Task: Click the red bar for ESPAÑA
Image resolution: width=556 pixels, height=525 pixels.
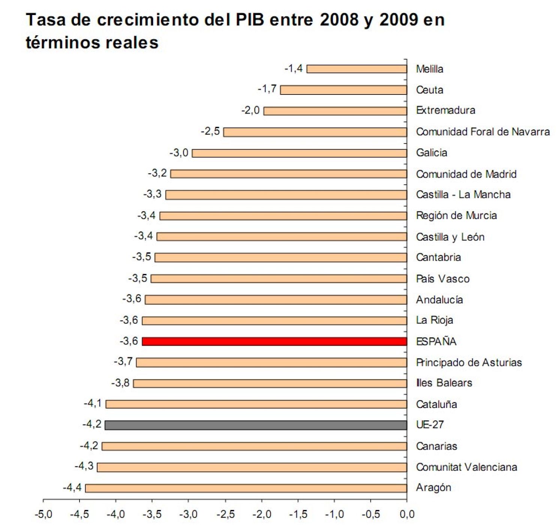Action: pos(274,341)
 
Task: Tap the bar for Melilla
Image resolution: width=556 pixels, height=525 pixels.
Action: pos(357,69)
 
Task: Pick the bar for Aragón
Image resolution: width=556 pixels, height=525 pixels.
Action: pos(246,488)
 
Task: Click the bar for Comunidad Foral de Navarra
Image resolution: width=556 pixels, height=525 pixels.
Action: pos(315,132)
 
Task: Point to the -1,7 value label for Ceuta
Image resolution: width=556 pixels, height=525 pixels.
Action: pos(267,89)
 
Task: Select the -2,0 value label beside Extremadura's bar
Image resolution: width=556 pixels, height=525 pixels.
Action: pos(250,110)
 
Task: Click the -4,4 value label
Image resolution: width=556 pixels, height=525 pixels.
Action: pos(72,487)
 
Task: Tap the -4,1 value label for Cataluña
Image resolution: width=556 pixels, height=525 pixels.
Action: pos(93,403)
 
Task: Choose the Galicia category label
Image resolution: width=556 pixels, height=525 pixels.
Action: pos(431,153)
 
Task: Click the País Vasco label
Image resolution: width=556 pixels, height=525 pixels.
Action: pos(443,279)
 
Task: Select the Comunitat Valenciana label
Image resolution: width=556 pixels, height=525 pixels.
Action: pos(466,467)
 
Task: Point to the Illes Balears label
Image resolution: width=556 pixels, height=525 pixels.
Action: pos(444,383)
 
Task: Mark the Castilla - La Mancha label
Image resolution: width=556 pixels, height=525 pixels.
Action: pos(463,195)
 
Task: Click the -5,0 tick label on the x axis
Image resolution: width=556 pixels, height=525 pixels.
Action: pos(43,514)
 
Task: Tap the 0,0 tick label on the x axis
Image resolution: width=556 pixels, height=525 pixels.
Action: pos(407,514)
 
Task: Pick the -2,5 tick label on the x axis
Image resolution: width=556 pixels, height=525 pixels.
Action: pos(225,514)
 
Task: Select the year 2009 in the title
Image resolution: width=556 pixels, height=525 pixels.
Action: pos(398,20)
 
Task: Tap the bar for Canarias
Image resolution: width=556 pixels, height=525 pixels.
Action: pos(254,446)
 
